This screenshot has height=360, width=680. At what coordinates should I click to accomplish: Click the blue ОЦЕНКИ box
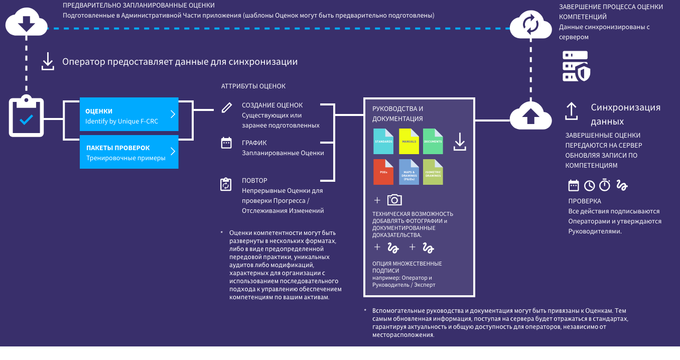[129, 115]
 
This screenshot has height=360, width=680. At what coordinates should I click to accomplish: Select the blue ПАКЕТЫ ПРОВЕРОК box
[129, 152]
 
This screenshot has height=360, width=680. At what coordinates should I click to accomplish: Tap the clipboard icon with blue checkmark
[27, 117]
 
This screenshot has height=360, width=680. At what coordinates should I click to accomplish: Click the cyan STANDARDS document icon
[383, 141]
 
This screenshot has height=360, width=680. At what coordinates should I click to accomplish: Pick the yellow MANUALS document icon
[409, 141]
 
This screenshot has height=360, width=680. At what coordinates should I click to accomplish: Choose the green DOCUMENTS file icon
[433, 141]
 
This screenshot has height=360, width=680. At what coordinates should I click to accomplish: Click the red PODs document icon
[383, 172]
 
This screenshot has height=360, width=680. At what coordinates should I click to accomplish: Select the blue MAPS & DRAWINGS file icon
[409, 172]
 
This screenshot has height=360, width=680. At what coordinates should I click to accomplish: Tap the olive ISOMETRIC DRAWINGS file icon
[433, 172]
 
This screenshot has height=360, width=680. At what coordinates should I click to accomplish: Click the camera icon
[394, 200]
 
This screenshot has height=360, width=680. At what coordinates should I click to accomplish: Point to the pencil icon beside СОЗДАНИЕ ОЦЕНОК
[227, 107]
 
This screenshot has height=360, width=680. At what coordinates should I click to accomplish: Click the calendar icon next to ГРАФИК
[226, 143]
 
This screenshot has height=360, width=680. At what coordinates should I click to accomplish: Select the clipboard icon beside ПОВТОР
[226, 184]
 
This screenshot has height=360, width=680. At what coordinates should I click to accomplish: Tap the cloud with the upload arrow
[531, 115]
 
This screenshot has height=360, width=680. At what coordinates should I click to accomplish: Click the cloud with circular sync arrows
[530, 25]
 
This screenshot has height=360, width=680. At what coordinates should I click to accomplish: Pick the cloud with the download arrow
[26, 23]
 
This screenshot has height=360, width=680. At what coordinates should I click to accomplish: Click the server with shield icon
[576, 66]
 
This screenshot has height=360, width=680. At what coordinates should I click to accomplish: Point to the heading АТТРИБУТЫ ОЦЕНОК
[253, 86]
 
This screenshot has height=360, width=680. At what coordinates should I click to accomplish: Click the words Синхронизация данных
[625, 114]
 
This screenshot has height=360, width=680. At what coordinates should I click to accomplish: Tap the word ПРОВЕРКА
[582, 201]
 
